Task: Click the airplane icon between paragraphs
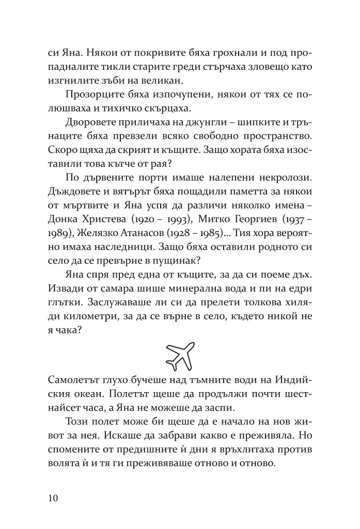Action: click(180, 354)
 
